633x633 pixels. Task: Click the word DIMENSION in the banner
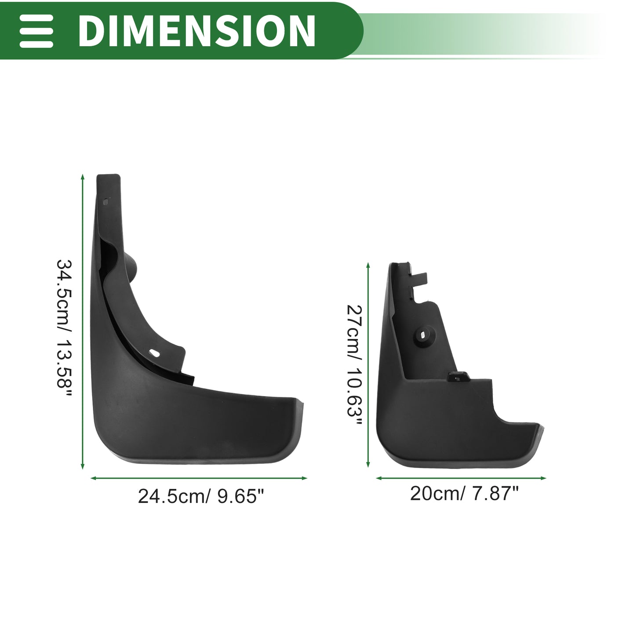[197, 31]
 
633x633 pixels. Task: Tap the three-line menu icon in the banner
[36, 31]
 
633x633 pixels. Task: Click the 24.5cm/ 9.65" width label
[201, 496]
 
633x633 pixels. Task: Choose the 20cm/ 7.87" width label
[464, 493]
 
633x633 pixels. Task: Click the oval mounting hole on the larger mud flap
[154, 353]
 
